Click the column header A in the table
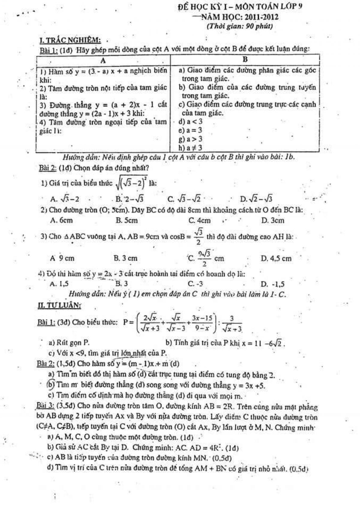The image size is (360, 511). click(103, 60)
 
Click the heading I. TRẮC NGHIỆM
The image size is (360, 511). click(70, 40)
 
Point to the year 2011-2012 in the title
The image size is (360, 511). click(262, 17)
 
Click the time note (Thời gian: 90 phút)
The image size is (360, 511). click(240, 26)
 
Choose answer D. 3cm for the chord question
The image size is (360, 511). click(272, 221)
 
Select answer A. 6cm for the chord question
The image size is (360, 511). click(62, 220)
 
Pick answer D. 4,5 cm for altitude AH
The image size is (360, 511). click(276, 258)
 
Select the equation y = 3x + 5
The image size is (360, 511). click(248, 385)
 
